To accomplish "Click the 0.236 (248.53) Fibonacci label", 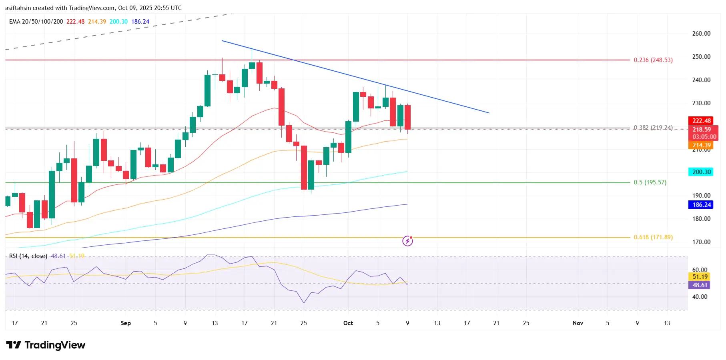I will pyautogui.click(x=653, y=60).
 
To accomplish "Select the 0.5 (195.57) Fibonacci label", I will pyautogui.click(x=650, y=182).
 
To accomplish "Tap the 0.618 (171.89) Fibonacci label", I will pyautogui.click(x=653, y=237).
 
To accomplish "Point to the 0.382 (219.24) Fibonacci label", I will pyautogui.click(x=653, y=128).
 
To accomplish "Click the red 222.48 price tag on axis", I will pyautogui.click(x=702, y=121).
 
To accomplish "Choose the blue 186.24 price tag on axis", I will pyautogui.click(x=702, y=205).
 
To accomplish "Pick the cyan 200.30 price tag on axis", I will pyautogui.click(x=702, y=172).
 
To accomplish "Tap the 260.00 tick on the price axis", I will pyautogui.click(x=701, y=34).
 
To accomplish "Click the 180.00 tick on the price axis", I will pyautogui.click(x=701, y=219).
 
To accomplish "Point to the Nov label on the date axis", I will pyautogui.click(x=578, y=323).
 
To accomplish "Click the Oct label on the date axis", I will pyautogui.click(x=348, y=323).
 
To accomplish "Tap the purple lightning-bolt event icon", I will pyautogui.click(x=407, y=241).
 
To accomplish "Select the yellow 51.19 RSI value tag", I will pyautogui.click(x=700, y=277).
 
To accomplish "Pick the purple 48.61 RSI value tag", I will pyautogui.click(x=700, y=285).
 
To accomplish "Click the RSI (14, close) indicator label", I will pyautogui.click(x=28, y=256).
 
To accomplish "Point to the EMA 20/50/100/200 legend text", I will pyautogui.click(x=36, y=22).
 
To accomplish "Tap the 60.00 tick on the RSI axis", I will pyautogui.click(x=700, y=270).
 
